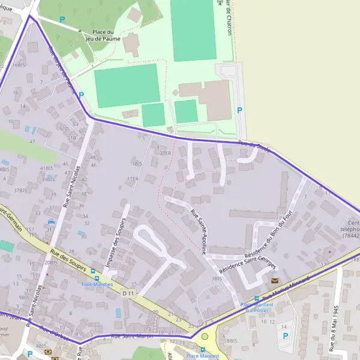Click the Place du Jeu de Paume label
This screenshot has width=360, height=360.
click(x=106, y=35)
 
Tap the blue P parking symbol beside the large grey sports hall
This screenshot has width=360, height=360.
click(x=239, y=110)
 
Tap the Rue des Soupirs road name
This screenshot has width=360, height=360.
click(x=68, y=261)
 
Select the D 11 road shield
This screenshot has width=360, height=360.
click(x=127, y=293)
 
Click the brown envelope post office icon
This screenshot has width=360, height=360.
click(x=275, y=280)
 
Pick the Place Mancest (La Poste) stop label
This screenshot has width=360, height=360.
click(x=257, y=307)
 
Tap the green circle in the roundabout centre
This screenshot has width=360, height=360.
click(x=205, y=336)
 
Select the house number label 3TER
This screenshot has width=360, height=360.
click(x=165, y=153)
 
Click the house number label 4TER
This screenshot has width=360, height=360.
click(x=133, y=179)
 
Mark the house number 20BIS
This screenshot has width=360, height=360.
click(x=51, y=262)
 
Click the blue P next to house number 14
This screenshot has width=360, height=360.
click(x=285, y=335)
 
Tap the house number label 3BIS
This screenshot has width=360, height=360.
click(x=217, y=278)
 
